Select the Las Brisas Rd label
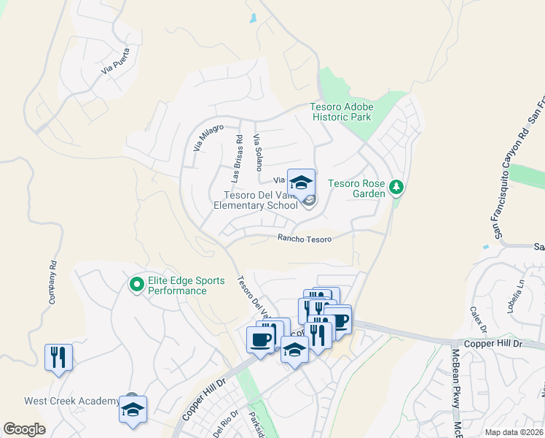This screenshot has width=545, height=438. pyautogui.click(x=236, y=158)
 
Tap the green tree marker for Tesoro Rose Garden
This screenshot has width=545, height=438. pyautogui.click(x=396, y=188)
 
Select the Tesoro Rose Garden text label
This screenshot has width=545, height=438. pyautogui.click(x=356, y=188)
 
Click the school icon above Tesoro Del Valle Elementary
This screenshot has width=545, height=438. pyautogui.click(x=301, y=182)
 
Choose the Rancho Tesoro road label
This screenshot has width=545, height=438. pyautogui.click(x=305, y=239)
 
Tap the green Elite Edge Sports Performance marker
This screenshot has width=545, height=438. pyautogui.click(x=136, y=284)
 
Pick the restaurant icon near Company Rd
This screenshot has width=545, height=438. pyautogui.click(x=59, y=357)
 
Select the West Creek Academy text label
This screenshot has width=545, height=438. pyautogui.click(x=71, y=401)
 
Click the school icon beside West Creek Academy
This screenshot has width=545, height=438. pyautogui.click(x=133, y=410)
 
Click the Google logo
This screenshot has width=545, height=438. pyautogui.click(x=25, y=429)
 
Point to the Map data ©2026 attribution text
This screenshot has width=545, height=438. pyautogui.click(x=514, y=432)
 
